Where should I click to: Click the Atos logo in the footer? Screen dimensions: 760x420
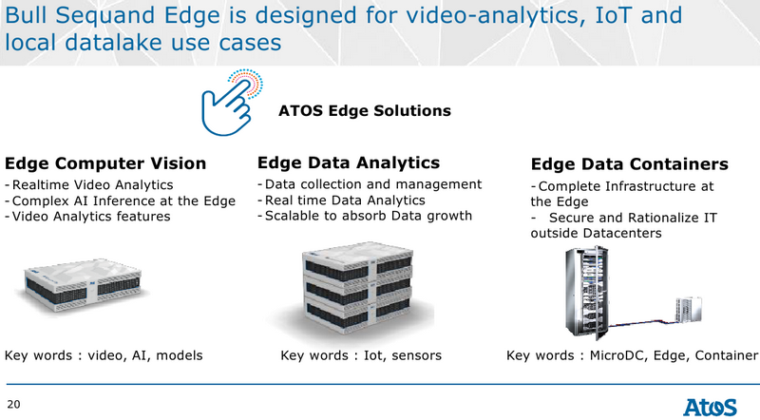click(x=710, y=407)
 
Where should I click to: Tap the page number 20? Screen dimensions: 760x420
click(x=13, y=405)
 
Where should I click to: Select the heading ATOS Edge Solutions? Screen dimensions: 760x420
click(x=365, y=110)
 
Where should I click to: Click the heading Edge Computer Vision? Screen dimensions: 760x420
click(x=105, y=163)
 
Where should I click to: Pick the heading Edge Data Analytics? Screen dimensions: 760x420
click(x=349, y=162)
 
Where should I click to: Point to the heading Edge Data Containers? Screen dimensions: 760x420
click(x=629, y=164)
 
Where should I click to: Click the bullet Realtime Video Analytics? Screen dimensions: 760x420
click(x=89, y=185)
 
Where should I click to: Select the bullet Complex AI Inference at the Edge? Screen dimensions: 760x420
click(x=121, y=200)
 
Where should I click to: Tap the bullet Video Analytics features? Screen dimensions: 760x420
click(x=87, y=217)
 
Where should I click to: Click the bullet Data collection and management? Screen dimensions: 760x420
click(x=370, y=184)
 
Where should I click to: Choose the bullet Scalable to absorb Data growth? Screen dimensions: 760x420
click(x=365, y=216)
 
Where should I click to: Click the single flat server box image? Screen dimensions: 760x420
click(x=84, y=284)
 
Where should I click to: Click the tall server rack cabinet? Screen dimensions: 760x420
click(x=586, y=293)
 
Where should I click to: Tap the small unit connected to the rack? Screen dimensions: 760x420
click(x=689, y=310)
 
